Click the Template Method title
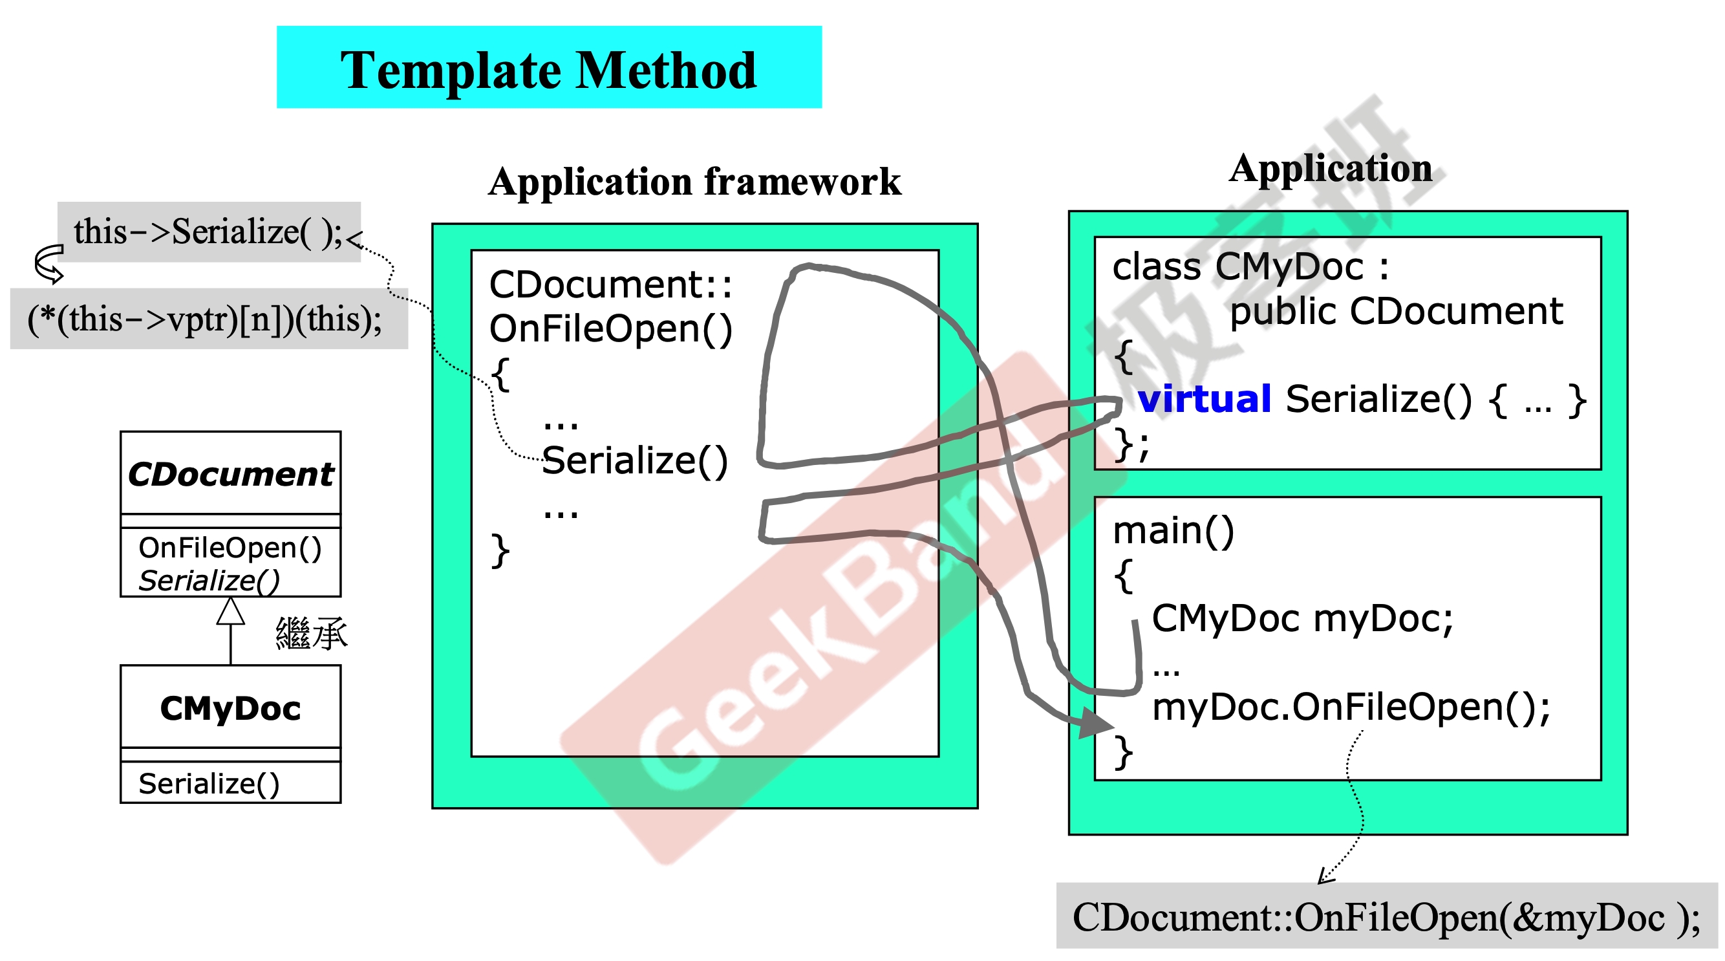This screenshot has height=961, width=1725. (548, 70)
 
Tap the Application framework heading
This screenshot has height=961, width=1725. (694, 182)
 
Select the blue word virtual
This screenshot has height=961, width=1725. (1204, 399)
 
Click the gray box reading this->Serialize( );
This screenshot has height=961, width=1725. (209, 232)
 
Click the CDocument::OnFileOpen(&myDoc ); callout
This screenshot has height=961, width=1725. (1386, 917)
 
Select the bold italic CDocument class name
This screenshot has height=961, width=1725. (230, 474)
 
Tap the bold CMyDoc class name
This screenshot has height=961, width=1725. (230, 708)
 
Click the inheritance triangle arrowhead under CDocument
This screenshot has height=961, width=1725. (230, 610)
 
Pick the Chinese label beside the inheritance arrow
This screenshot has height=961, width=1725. (312, 634)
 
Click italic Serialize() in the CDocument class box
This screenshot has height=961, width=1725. (208, 580)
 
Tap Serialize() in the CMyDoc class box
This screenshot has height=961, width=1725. (208, 783)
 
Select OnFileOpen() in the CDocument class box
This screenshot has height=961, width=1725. (230, 548)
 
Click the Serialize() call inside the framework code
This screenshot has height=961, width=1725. (634, 460)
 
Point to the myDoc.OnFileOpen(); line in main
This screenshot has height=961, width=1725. (1351, 707)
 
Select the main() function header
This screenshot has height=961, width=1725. (1173, 530)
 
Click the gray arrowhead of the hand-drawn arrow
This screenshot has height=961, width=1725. (1095, 723)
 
